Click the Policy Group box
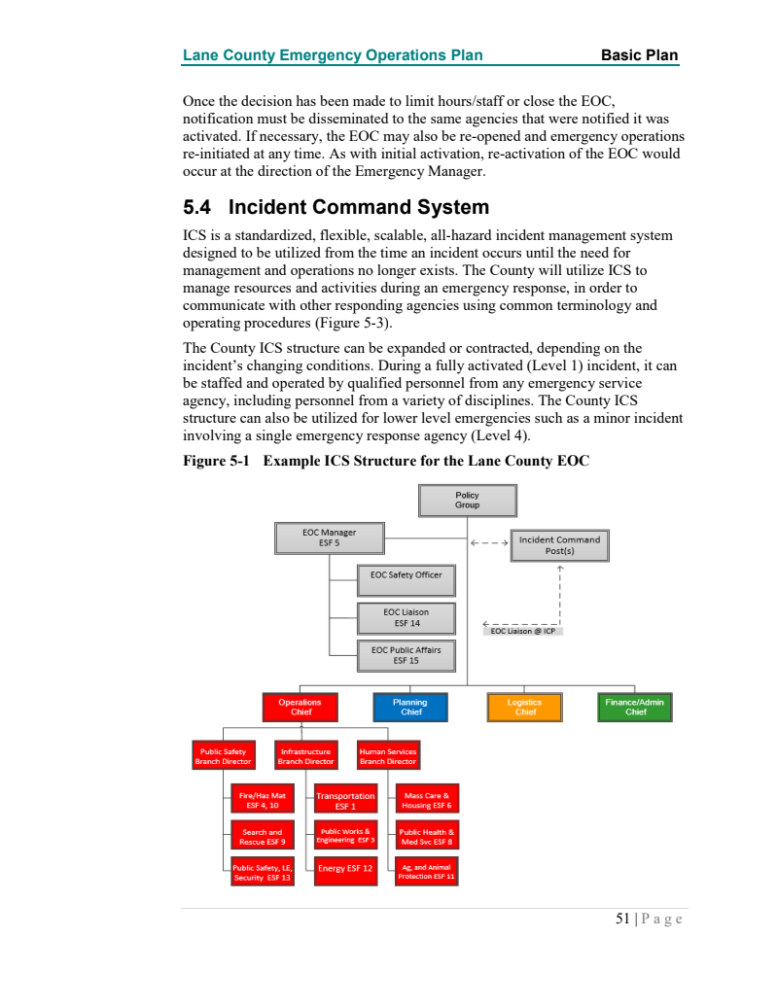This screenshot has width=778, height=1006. pos(467,501)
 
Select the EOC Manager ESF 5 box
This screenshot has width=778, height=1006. pos(329,538)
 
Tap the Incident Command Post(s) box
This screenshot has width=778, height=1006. pos(559,545)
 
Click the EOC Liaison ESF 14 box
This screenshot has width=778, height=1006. pos(406,617)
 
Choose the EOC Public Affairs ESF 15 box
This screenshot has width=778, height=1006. pos(406,655)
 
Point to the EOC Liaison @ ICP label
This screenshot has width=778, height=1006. pos(522,631)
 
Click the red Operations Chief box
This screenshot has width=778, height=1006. pos(300,707)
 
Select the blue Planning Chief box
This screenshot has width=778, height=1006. pos(410,707)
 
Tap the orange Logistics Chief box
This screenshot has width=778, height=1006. pos(525,707)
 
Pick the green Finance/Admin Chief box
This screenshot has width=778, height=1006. pos(635,707)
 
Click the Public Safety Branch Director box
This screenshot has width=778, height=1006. pos(223,756)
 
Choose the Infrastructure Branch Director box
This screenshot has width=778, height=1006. pos(305,756)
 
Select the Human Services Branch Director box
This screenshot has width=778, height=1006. pos(387,756)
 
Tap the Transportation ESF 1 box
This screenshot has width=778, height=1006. pos(345,801)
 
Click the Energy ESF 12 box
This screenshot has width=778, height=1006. pos(345,868)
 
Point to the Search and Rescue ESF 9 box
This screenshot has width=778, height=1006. pos(262,836)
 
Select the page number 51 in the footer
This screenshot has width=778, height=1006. pos(622,919)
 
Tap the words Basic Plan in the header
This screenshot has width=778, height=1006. pos(639,55)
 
